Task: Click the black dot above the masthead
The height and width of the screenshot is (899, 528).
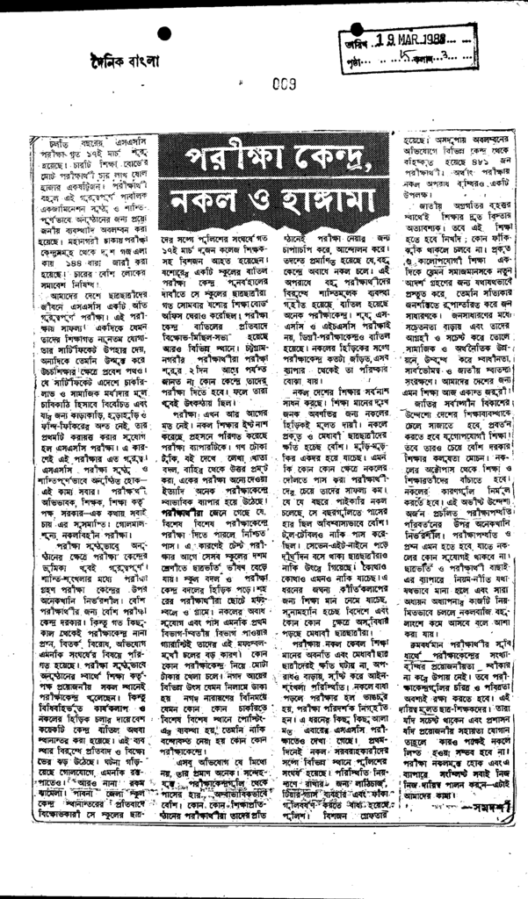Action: click(163, 33)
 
